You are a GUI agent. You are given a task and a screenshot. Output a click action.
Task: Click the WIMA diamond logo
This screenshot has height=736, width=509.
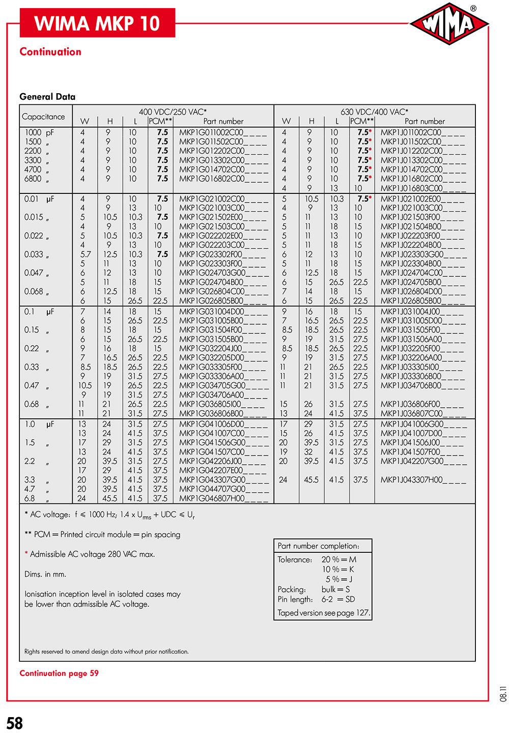(449, 23)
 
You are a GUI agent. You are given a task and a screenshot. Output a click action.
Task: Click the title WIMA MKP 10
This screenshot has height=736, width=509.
(97, 23)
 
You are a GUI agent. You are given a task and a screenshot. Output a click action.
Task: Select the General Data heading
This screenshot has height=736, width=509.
(47, 97)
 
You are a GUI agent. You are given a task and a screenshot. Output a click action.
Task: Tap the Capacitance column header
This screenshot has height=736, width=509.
(43, 117)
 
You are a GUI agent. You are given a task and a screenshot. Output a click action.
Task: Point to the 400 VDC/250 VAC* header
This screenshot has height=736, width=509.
(173, 112)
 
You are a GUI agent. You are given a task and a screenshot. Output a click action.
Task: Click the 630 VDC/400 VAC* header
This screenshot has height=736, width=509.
(374, 112)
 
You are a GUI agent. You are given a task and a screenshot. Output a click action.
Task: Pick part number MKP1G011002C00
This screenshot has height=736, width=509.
(223, 132)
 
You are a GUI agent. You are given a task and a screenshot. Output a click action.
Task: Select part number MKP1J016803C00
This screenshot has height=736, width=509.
(422, 188)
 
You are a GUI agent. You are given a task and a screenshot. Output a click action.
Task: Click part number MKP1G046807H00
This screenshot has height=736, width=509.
(223, 498)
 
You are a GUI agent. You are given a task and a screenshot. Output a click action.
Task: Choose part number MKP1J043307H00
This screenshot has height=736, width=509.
(422, 479)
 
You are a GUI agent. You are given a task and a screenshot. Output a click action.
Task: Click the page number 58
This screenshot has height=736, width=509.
(15, 723)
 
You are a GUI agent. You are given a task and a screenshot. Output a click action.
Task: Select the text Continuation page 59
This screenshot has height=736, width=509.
(59, 673)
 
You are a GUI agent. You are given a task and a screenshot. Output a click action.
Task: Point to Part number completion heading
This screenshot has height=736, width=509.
(318, 546)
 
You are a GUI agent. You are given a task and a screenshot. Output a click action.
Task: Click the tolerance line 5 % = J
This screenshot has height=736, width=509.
(339, 579)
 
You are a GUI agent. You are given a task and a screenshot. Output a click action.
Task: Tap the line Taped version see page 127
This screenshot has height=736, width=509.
(324, 613)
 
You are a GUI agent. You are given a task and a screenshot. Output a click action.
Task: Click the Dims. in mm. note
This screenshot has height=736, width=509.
(45, 574)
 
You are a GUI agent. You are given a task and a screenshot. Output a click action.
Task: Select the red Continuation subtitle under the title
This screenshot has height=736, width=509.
(50, 51)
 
